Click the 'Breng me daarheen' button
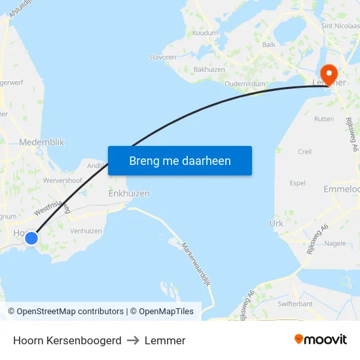point(180,160)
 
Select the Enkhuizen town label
point(129,194)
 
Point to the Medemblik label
point(42,142)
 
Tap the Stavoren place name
point(162,58)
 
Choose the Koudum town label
point(205,32)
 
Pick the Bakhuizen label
point(209,69)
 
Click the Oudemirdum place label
point(245,84)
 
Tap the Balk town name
point(268,45)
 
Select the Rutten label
point(324,119)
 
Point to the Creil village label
point(304,151)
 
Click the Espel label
point(297,183)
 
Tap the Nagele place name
point(334,243)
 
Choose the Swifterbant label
point(295,304)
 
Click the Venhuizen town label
point(86,231)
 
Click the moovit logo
point(320,340)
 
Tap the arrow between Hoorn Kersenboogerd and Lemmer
point(133,340)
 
